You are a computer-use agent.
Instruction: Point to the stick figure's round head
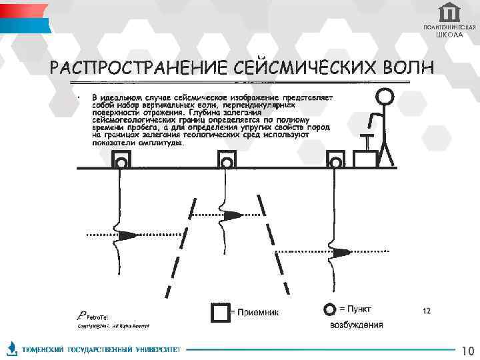point(384,97)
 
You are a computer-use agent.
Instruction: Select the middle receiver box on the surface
point(227,160)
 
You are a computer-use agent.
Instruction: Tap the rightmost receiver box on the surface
point(336,160)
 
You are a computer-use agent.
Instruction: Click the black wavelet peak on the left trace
point(127,235)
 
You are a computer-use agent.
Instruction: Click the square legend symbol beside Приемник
point(219,313)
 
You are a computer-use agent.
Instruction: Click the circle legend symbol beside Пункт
point(329,310)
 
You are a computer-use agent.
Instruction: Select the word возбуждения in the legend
point(357,325)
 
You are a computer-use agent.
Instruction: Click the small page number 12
point(427,311)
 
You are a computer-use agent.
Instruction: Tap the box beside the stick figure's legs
point(365,159)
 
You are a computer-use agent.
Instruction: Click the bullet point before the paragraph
point(79,98)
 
